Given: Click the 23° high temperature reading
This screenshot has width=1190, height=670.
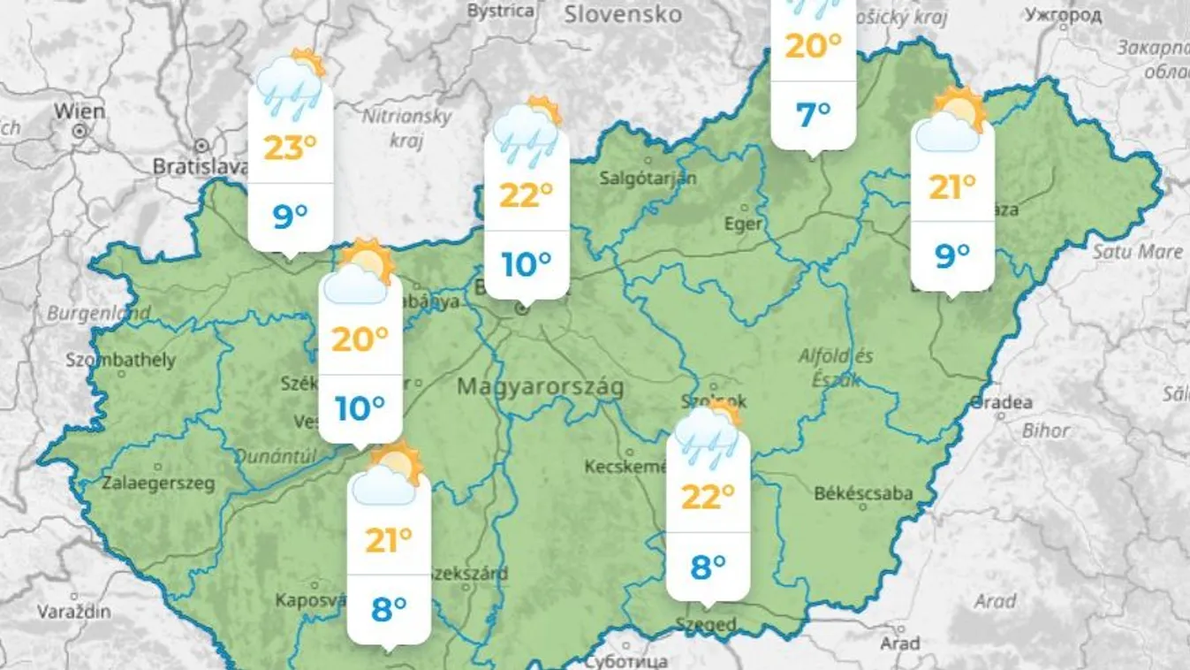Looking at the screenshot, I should pyautogui.click(x=290, y=147).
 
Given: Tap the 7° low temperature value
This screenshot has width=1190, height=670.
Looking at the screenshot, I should pyautogui.click(x=813, y=114).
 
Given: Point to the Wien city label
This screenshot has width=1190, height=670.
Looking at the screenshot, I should pyautogui.click(x=79, y=111).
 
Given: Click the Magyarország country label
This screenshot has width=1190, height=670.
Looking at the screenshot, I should pyautogui.click(x=541, y=387).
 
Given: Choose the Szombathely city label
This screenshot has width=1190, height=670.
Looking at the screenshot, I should pyautogui.click(x=121, y=361).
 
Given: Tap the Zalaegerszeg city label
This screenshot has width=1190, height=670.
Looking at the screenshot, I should pyautogui.click(x=158, y=483).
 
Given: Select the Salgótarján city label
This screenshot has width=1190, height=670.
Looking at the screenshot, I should pyautogui.click(x=648, y=178).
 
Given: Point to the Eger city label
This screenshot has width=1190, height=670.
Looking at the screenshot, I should pyautogui.click(x=743, y=225).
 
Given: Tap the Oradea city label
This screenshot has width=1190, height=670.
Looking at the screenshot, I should pyautogui.click(x=1001, y=403).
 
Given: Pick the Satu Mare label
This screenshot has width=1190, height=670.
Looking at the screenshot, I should pyautogui.click(x=1137, y=252).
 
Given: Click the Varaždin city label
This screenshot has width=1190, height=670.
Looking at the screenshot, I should pyautogui.click(x=74, y=611).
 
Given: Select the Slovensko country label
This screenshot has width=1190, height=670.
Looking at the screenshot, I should pyautogui.click(x=623, y=14).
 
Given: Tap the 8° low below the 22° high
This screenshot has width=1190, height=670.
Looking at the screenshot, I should pyautogui.click(x=708, y=567).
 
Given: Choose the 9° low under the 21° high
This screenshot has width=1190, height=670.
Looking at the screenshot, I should pyautogui.click(x=951, y=255).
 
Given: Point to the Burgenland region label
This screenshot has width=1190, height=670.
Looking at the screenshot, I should pyautogui.click(x=97, y=313).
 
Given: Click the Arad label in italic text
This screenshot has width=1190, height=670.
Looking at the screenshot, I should pyautogui.click(x=995, y=602).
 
